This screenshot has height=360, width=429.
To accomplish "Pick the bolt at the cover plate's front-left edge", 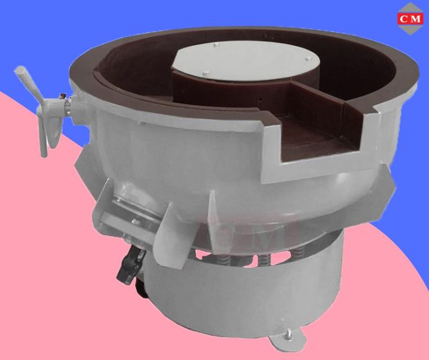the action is [x=206, y=73].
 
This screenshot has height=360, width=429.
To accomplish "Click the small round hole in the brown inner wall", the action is [x=261, y=100].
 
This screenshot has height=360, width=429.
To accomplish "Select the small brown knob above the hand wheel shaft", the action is [x=63, y=96].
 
